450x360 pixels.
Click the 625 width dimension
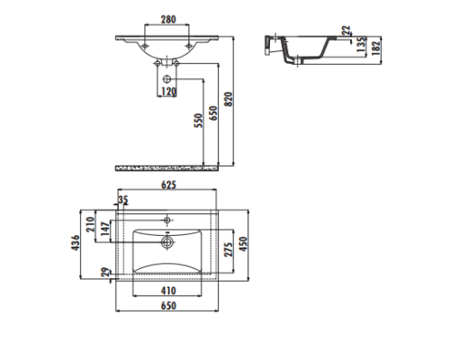tap(168, 184)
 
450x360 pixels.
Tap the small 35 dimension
tap(123, 200)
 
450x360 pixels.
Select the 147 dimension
tap(105, 229)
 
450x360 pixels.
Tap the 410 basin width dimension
tap(168, 290)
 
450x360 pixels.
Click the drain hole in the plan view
tap(166, 241)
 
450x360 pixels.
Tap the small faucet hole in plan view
tap(166, 219)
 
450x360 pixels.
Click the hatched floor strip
tap(167, 167)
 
